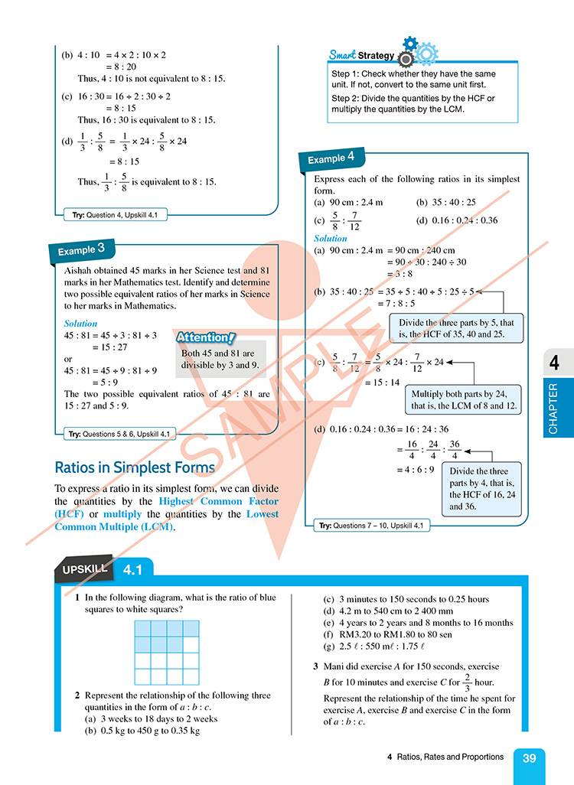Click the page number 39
[529, 758]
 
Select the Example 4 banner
[331, 158]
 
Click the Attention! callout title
[205, 337]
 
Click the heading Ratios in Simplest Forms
[135, 467]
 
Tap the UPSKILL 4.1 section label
[103, 569]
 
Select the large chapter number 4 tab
[554, 363]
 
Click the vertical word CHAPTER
[554, 409]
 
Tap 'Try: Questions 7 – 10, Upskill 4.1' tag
[372, 526]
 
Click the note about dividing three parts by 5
[456, 328]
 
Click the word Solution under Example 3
[80, 324]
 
